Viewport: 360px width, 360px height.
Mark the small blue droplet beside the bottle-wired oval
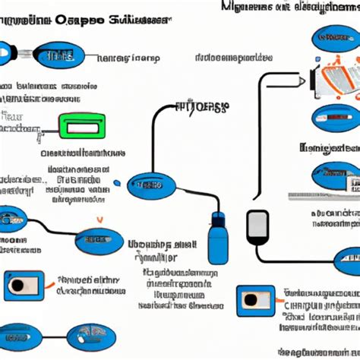[115, 184]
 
